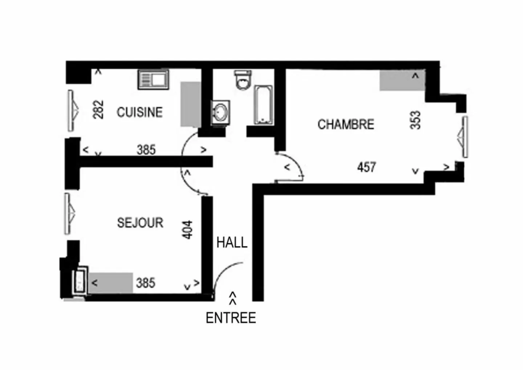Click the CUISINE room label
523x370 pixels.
click(x=139, y=112)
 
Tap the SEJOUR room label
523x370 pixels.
click(x=140, y=222)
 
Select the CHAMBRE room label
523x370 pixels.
click(x=346, y=124)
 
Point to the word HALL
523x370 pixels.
click(x=232, y=242)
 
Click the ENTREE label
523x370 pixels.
click(x=231, y=318)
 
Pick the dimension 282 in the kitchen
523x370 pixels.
click(x=98, y=109)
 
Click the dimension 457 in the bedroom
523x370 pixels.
click(x=366, y=167)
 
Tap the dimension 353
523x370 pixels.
click(x=415, y=120)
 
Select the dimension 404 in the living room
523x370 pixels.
click(x=187, y=230)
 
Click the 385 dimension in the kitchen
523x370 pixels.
click(x=146, y=149)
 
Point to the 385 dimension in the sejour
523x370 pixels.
click(x=145, y=282)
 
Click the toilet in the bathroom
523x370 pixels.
click(x=243, y=80)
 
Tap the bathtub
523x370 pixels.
click(x=263, y=105)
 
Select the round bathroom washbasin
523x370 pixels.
click(x=220, y=112)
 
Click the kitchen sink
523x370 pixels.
click(x=153, y=80)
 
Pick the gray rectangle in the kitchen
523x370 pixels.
click(x=191, y=104)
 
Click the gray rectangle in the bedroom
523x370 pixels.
click(x=402, y=80)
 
